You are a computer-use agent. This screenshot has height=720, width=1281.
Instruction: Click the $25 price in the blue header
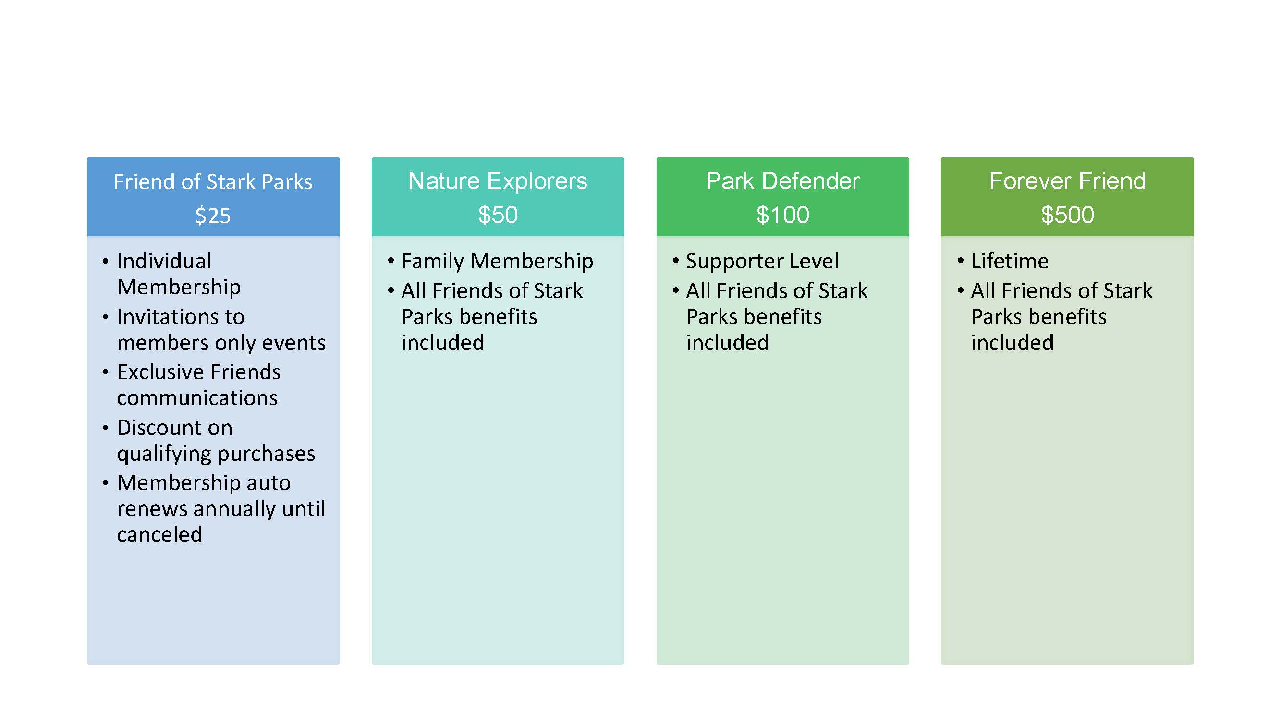[213, 216]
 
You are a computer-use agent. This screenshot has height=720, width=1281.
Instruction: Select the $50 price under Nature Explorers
[498, 215]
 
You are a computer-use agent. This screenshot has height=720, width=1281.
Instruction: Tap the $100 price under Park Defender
[782, 215]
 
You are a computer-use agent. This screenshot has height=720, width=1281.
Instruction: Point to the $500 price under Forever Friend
[1067, 215]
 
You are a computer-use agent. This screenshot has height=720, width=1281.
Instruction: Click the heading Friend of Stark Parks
[213, 181]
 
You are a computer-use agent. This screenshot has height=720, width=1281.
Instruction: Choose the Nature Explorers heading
[498, 180]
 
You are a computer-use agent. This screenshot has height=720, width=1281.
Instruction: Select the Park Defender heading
[782, 180]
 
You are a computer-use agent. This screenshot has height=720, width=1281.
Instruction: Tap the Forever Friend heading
[1067, 180]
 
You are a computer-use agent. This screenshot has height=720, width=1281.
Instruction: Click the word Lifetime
[1010, 261]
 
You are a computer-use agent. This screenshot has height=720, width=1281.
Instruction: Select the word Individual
[164, 261]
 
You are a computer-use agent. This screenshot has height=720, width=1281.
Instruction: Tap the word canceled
[159, 535]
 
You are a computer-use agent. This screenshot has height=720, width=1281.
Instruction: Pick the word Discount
[174, 427]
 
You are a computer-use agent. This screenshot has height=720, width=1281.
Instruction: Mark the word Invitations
[181, 316]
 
